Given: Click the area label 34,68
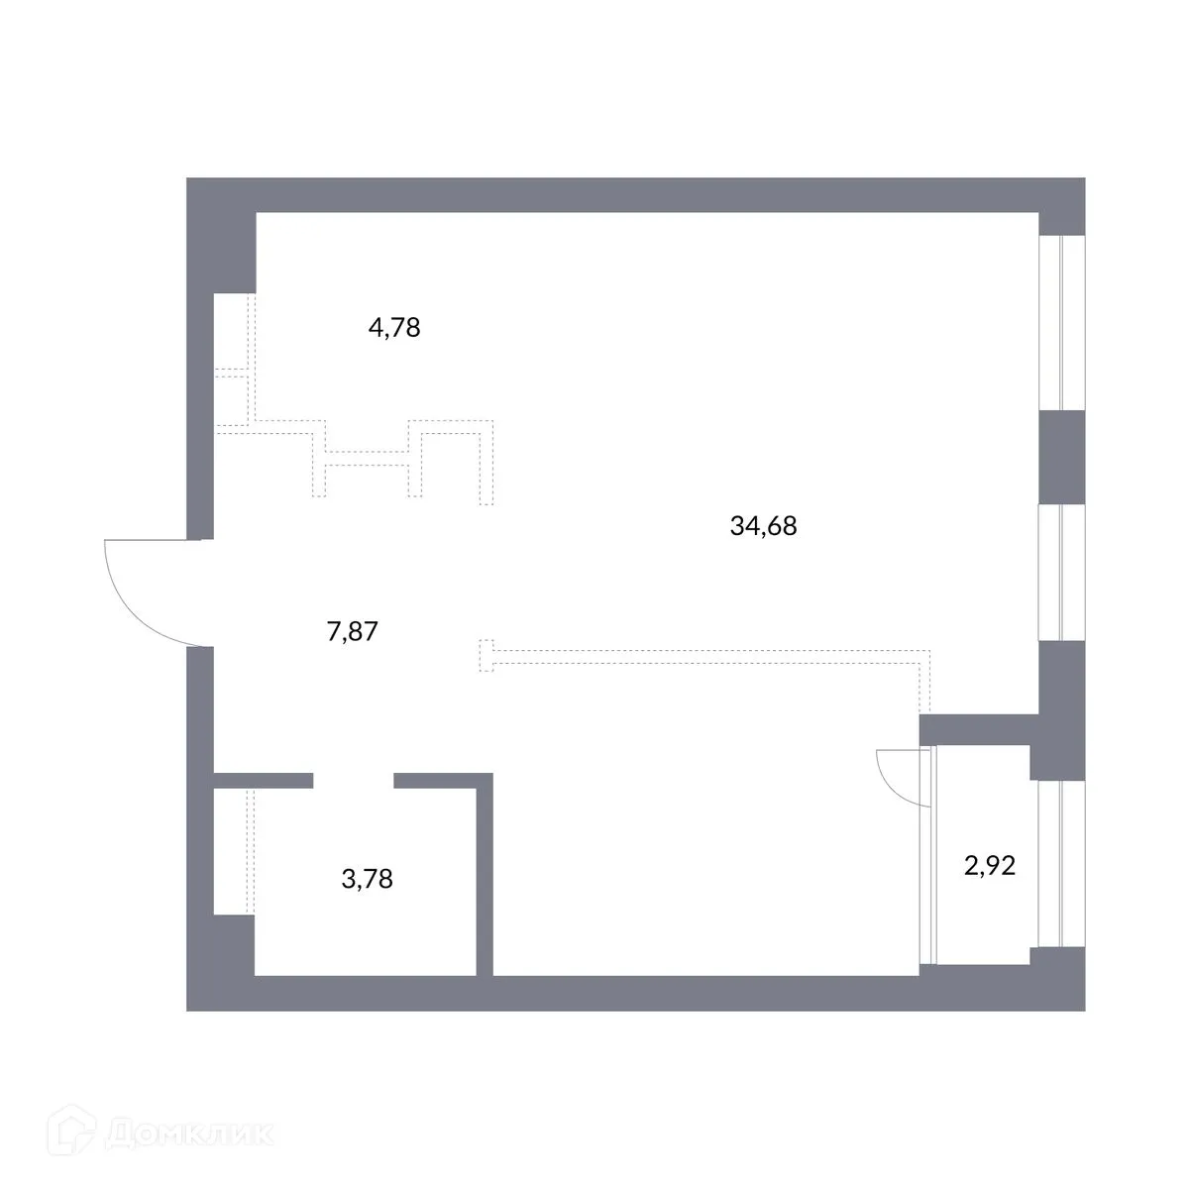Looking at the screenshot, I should pyautogui.click(x=763, y=526).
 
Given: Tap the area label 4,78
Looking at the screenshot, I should pyautogui.click(x=394, y=327).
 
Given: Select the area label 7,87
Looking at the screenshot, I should pyautogui.click(x=353, y=631).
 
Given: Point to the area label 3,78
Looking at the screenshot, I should pyautogui.click(x=367, y=878).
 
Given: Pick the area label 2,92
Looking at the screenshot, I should pyautogui.click(x=990, y=867).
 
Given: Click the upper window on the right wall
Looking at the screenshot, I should pyautogui.click(x=1061, y=322).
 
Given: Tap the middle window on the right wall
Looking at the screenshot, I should pyautogui.click(x=1061, y=573).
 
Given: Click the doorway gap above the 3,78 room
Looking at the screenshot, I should pyautogui.click(x=354, y=781).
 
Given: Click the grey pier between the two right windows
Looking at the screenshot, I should pyautogui.click(x=1061, y=456).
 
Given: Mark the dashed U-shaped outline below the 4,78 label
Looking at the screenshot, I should pyautogui.click(x=368, y=461).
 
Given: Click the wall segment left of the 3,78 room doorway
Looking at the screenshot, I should pyautogui.click(x=264, y=781).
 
